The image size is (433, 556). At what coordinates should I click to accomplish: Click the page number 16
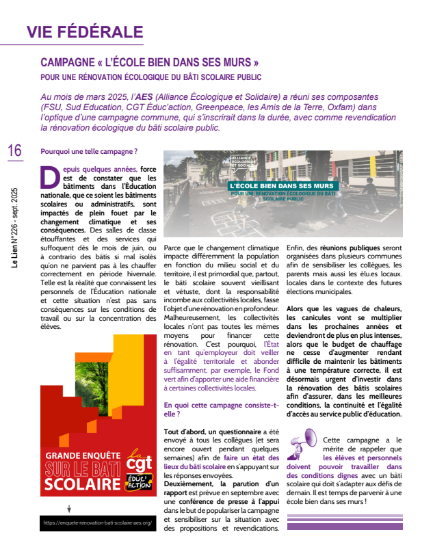pos(14,150)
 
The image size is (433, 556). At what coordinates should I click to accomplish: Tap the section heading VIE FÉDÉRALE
pos(85,31)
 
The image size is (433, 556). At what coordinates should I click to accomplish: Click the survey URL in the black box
pos(97,522)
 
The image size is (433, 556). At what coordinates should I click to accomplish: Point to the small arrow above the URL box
pos(68,508)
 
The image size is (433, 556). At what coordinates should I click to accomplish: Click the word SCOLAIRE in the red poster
pos(83,485)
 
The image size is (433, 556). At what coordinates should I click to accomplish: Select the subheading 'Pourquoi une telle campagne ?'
pos(89,151)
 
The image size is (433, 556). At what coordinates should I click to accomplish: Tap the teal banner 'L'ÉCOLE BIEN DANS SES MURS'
pos(282,185)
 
